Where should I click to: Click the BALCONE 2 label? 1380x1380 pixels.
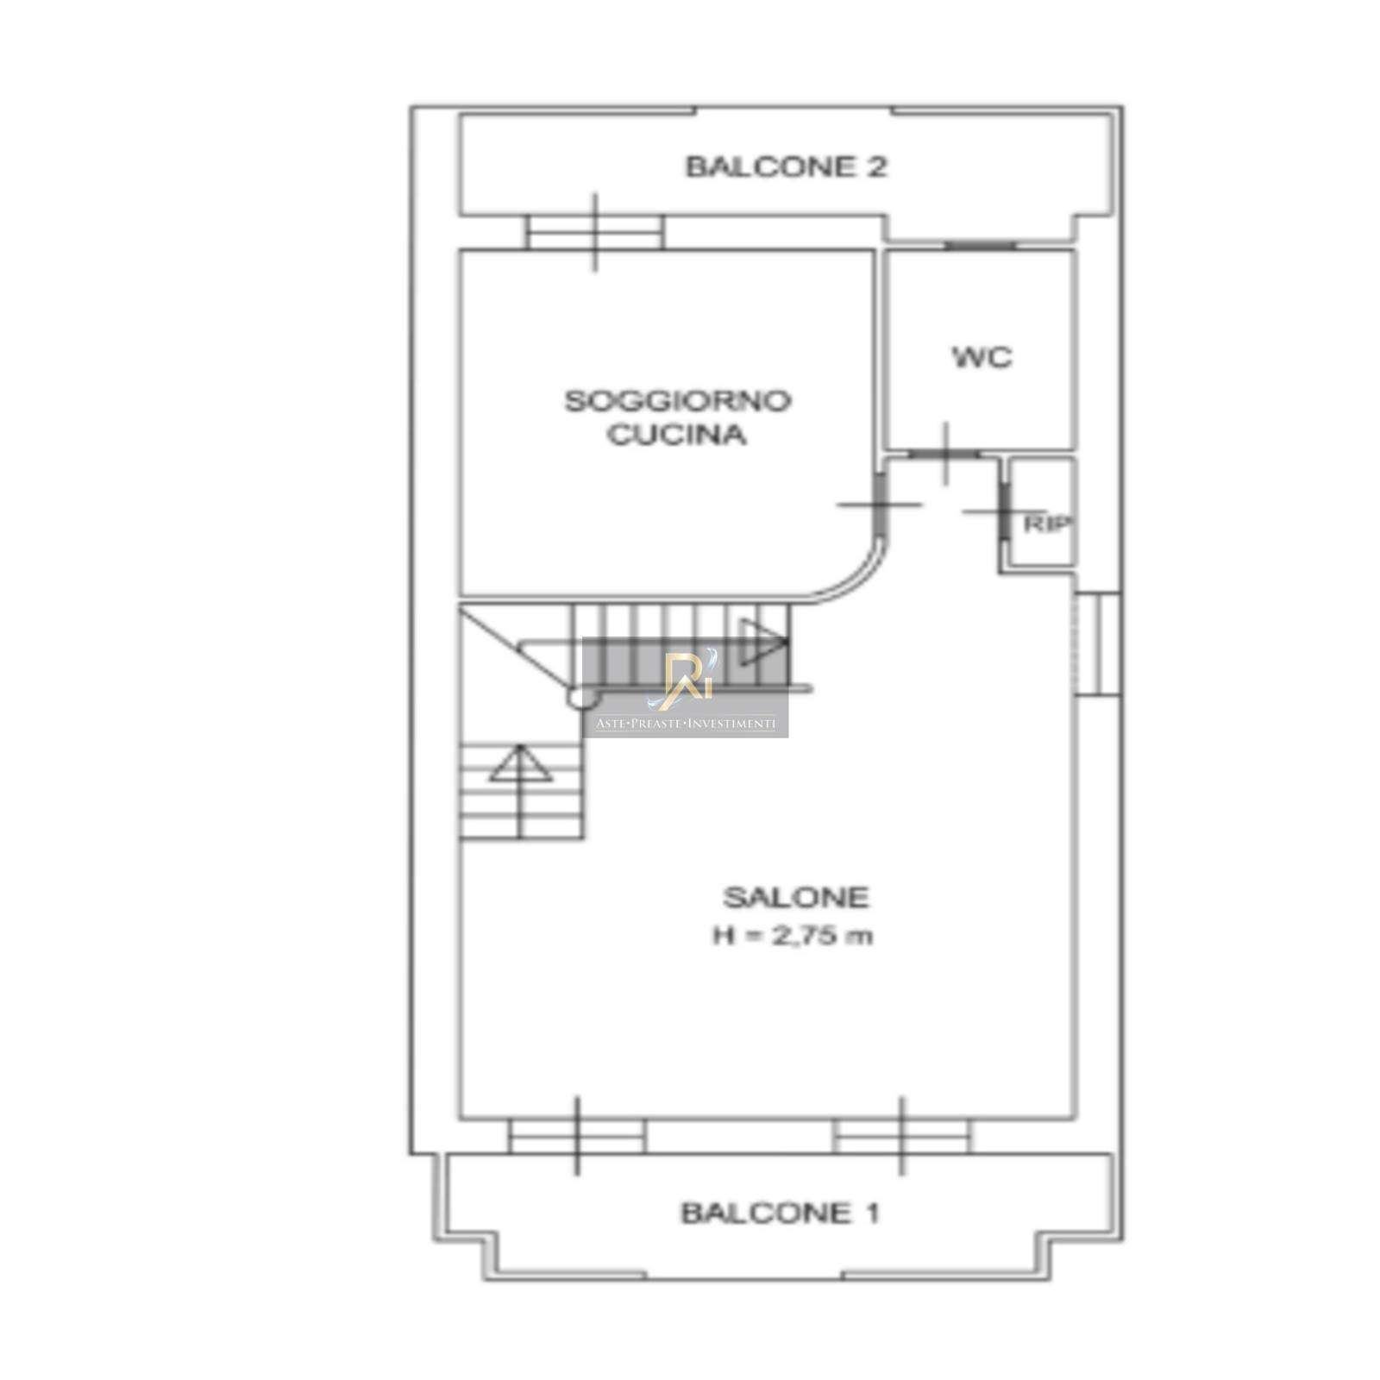pos(786,166)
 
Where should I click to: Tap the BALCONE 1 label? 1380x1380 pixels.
pos(780,1214)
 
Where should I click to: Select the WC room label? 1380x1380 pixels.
pos(982,357)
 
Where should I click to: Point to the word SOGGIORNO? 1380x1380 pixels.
pos(678,401)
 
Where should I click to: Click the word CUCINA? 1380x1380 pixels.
pos(677,435)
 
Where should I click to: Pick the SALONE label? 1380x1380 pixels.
pos(796,898)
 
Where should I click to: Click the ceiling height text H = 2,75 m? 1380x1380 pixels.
pos(793,936)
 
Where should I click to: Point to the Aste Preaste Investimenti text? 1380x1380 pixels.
pos(686,724)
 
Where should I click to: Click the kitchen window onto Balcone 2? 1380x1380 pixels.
pos(595,232)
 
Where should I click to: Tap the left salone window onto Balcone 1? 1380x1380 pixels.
pos(577,1136)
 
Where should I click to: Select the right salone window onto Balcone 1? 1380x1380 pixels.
pos(902,1136)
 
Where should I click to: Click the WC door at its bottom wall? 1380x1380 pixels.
pos(945,454)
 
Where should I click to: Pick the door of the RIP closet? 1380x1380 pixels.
pos(1005,512)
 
